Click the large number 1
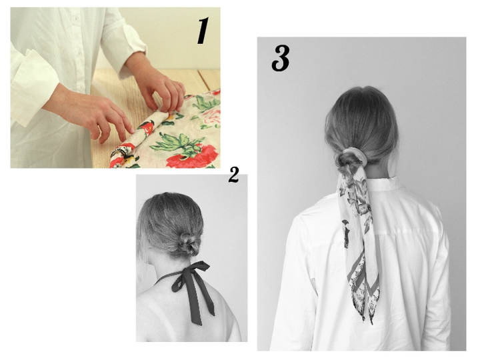[203, 31]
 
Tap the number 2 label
[233, 175]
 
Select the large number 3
[281, 58]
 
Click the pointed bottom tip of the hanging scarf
[371, 323]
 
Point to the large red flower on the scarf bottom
[193, 157]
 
